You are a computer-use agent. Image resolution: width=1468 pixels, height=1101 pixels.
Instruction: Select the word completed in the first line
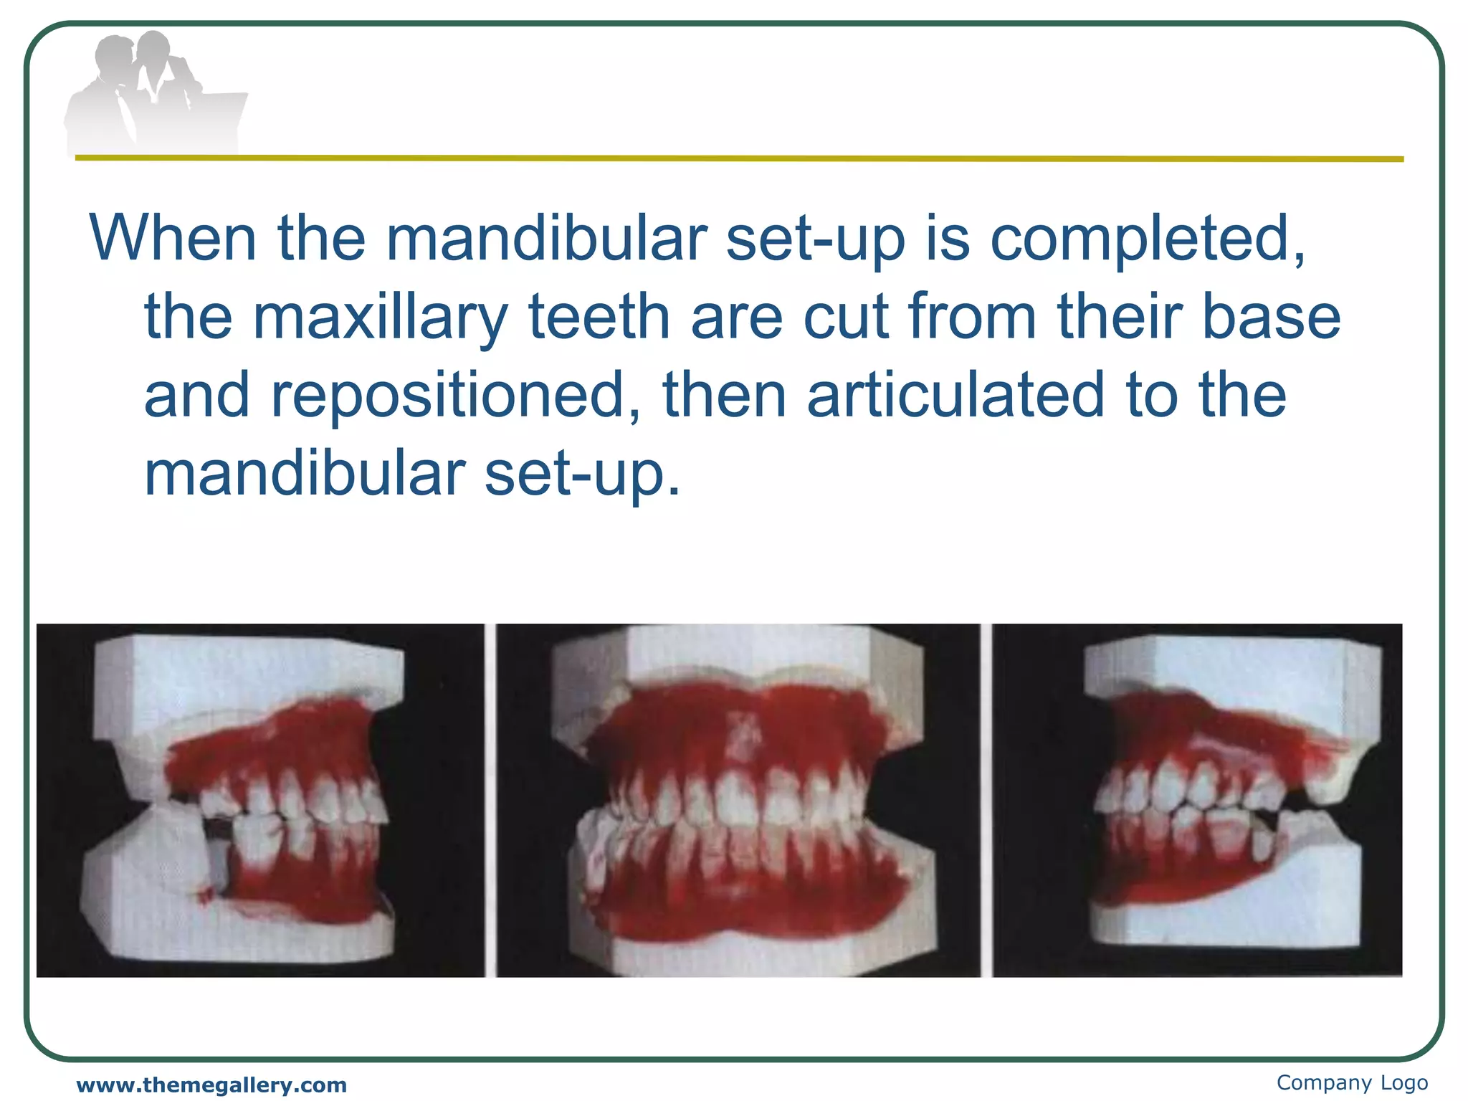[1147, 238]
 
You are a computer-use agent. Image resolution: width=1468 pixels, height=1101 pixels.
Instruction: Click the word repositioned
[454, 396]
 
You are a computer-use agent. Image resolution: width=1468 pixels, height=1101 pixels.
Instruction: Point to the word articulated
[956, 396]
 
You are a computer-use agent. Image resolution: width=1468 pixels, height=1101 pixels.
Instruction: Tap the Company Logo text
[1352, 1082]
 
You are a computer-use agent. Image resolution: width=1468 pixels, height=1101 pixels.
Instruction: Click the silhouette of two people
[154, 93]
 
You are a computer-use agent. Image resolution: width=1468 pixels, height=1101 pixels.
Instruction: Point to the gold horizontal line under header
[738, 158]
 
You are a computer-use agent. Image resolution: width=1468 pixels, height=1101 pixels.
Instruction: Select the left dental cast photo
[260, 800]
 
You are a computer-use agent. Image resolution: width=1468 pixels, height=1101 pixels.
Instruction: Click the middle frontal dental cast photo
[738, 800]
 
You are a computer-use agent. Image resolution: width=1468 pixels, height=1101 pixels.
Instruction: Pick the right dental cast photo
[1197, 800]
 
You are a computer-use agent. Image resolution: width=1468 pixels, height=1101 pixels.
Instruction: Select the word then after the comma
[725, 396]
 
